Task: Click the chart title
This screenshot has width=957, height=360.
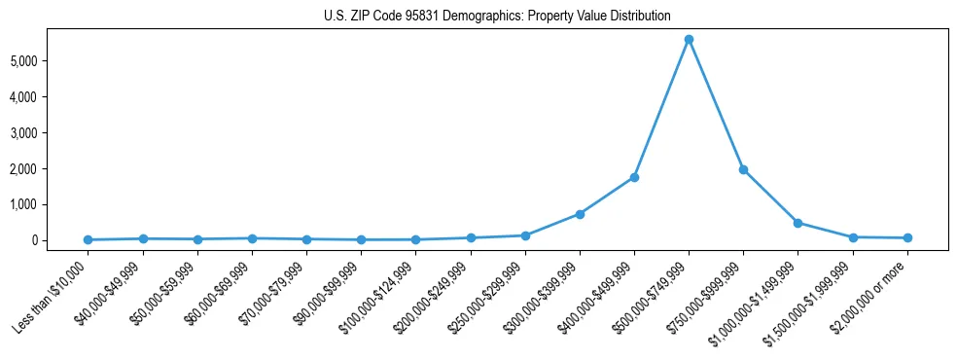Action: point(497,17)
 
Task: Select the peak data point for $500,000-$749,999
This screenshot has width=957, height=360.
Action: point(689,40)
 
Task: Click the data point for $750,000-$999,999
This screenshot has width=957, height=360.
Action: point(743,169)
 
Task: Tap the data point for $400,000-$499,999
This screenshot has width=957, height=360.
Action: point(634,177)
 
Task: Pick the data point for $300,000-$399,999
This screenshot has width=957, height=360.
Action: point(580,214)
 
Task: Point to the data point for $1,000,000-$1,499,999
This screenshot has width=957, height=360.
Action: point(797,223)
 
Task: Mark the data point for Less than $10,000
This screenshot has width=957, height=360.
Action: point(89,239)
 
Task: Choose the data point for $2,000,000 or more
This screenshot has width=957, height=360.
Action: point(907,237)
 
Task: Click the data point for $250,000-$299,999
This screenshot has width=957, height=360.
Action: point(525,235)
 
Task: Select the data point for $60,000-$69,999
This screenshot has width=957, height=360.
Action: point(252,238)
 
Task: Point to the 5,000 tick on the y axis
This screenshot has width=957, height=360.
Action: point(48,61)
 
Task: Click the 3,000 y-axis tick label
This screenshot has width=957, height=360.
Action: point(48,133)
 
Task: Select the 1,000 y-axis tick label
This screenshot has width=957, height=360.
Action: point(48,204)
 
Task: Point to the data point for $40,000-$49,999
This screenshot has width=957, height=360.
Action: point(143,238)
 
